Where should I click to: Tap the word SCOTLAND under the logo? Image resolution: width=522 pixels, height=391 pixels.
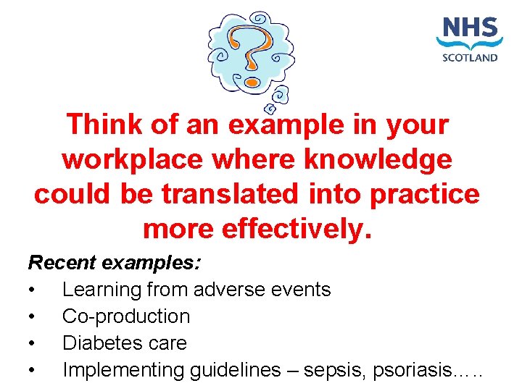471,58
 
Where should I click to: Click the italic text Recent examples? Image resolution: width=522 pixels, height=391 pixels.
115,262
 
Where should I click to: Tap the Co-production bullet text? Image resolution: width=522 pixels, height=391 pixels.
126,316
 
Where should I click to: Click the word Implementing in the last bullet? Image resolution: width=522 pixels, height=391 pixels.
123,370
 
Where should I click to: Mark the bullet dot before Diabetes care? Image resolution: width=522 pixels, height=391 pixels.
32,343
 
